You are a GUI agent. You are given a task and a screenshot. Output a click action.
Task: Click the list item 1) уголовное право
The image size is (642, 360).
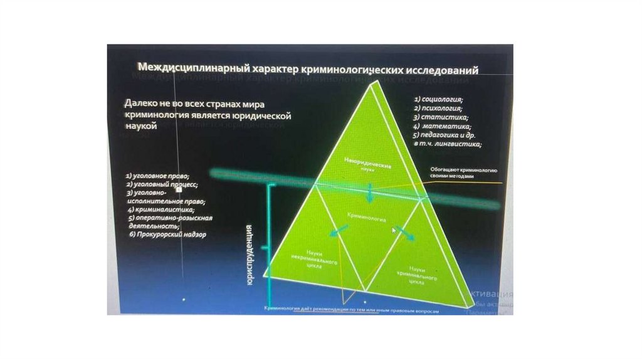157,176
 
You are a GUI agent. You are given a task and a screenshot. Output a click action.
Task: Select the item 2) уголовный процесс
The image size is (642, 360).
162,185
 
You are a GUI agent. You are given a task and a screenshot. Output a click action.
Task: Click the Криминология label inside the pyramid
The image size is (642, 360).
366,216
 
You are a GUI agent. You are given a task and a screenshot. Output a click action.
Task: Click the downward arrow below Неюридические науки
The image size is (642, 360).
370,193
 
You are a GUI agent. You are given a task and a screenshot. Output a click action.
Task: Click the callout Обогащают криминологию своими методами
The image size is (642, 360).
464,173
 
